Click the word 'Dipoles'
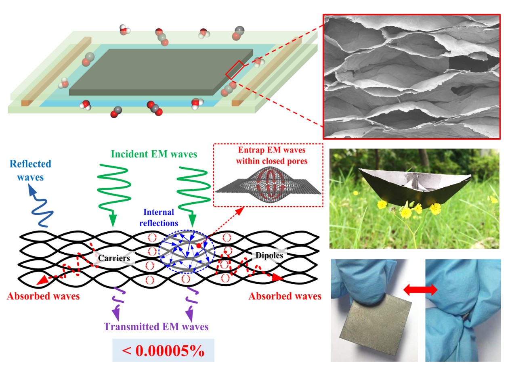[266, 255]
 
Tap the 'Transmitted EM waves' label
[156, 326]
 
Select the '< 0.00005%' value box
[163, 350]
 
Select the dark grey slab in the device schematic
[162, 73]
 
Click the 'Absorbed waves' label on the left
[43, 296]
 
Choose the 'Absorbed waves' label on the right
[284, 296]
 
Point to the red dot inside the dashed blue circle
[198, 245]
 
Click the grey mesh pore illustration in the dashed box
[268, 185]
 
